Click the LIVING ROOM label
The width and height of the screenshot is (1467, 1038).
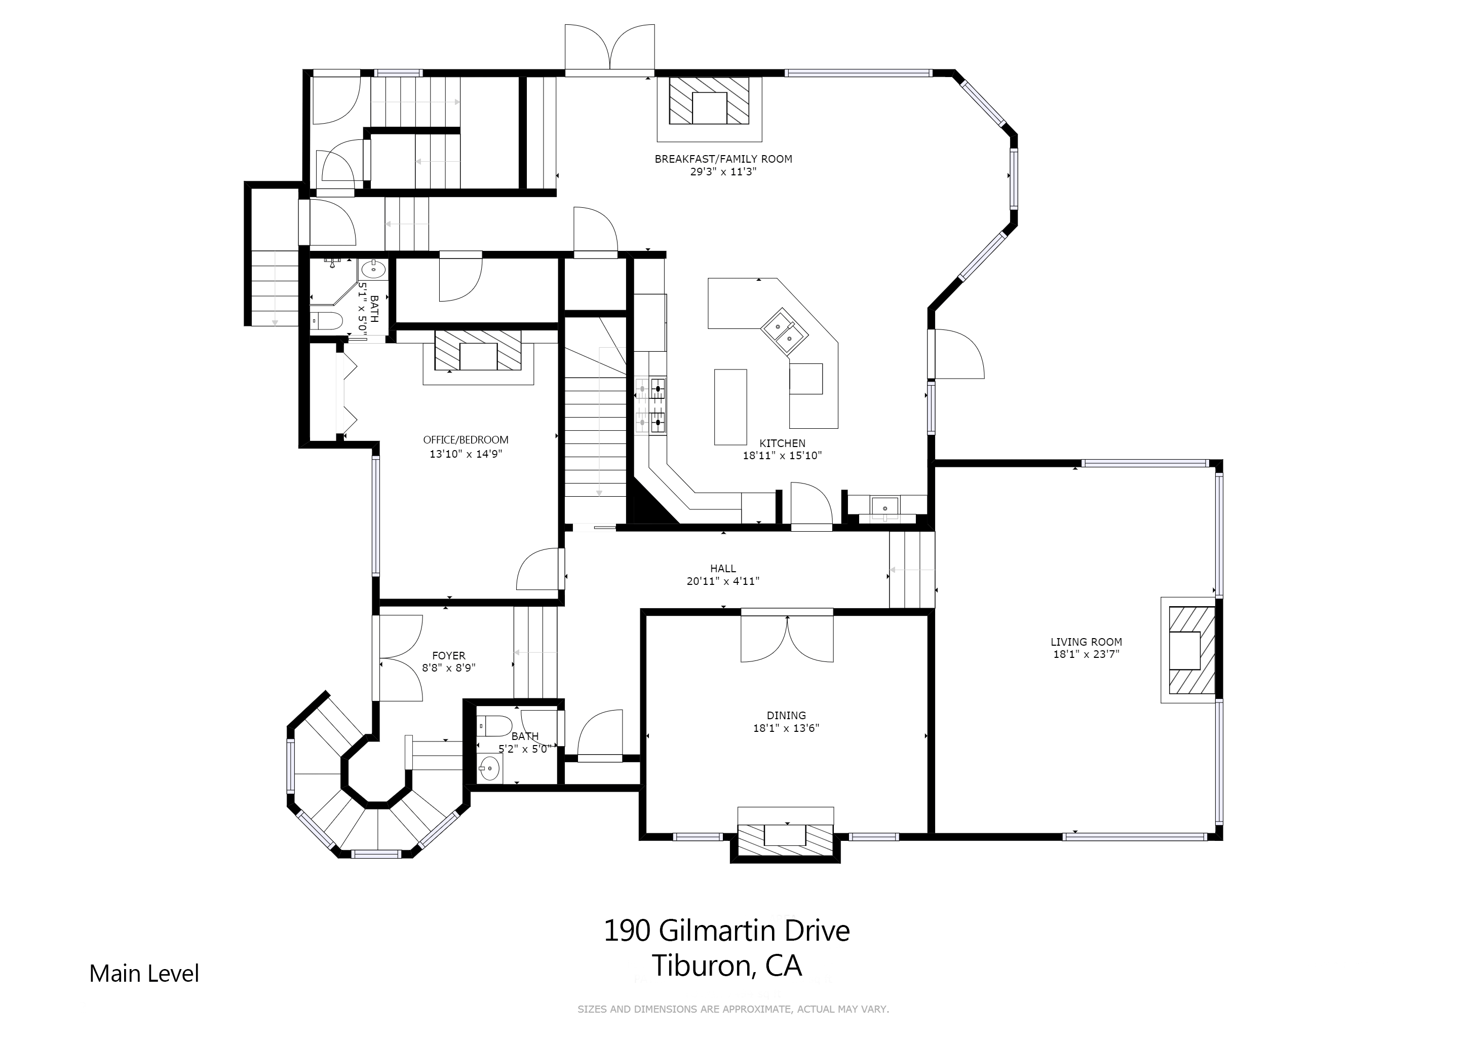[1086, 642]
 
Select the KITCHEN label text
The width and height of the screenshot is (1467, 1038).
[782, 443]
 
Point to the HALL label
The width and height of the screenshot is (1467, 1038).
[723, 568]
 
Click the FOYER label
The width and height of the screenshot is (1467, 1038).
[448, 655]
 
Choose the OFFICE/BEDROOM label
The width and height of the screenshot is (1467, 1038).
[466, 440]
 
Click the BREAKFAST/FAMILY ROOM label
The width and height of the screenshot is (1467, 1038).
[723, 159]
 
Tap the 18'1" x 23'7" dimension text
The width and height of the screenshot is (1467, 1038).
[1086, 654]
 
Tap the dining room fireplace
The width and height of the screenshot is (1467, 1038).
[786, 834]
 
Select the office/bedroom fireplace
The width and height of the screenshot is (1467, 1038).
[478, 357]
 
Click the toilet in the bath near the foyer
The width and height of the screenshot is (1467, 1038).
[494, 726]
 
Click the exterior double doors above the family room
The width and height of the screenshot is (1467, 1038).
[609, 48]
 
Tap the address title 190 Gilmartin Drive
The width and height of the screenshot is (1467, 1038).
[726, 931]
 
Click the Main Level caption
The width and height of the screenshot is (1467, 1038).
[144, 974]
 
